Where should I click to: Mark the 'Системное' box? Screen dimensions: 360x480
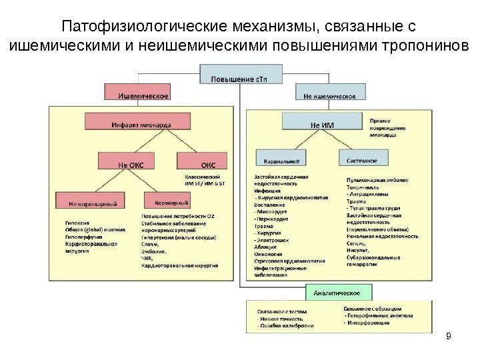[363, 161]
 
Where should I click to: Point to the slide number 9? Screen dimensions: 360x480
[447, 335]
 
